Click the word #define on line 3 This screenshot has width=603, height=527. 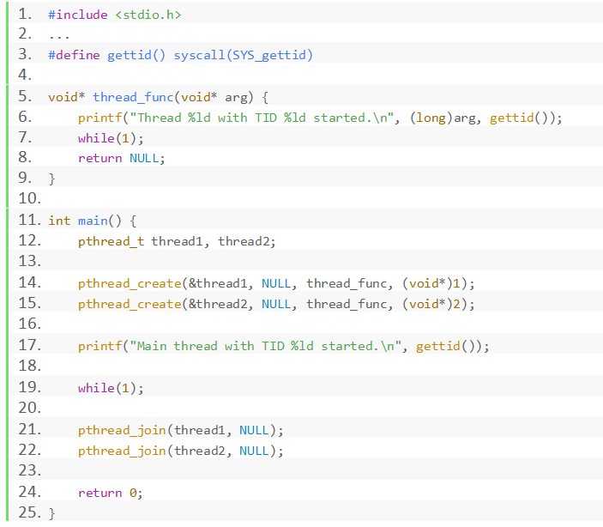coord(74,55)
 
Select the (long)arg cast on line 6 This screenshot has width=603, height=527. coord(443,118)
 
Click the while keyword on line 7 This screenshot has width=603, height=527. coord(96,138)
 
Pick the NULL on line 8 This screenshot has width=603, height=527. coord(144,158)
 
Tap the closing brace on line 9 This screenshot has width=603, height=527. coord(51,179)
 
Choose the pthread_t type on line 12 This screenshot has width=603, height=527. coord(112,241)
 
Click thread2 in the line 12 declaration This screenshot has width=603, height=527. coord(244,241)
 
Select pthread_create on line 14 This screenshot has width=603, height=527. coord(130,283)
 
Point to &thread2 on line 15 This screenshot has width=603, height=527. coord(221,304)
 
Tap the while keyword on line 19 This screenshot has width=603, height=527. coord(96,388)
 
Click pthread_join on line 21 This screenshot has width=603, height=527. coord(122,430)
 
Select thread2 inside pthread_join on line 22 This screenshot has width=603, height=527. coord(202,451)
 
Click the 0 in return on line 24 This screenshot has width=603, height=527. coord(133,493)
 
